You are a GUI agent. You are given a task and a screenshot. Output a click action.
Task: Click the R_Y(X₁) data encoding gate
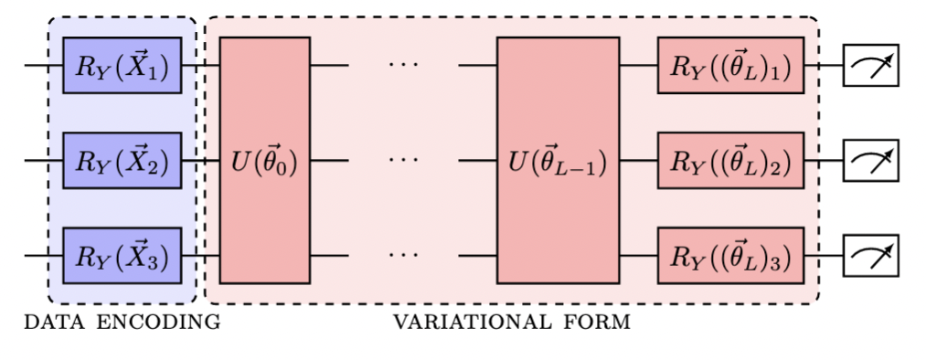pos(122,66)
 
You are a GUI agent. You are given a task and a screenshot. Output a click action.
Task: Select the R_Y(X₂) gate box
pos(122,160)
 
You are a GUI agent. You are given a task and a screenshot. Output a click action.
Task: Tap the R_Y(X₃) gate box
pos(122,256)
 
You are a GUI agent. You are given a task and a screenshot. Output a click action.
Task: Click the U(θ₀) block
pos(264,161)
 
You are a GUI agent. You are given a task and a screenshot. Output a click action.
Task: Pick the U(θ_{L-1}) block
pos(557,161)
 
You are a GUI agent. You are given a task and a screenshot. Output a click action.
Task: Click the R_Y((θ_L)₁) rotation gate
pos(729,66)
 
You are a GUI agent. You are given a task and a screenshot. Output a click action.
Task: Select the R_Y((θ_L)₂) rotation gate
pos(729,160)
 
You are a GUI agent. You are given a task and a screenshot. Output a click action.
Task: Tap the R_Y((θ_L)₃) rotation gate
pos(729,256)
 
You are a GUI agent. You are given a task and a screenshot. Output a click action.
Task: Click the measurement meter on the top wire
pos(870,66)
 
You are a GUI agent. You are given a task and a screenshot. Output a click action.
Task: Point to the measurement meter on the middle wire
pos(870,161)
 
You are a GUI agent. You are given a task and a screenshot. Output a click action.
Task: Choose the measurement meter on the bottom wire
pos(870,256)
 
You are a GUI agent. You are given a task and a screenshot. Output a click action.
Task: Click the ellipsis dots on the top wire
pos(402,66)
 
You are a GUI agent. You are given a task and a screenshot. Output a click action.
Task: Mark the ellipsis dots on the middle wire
pos(402,161)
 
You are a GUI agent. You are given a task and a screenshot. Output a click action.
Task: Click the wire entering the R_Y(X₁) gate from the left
pos(43,66)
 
